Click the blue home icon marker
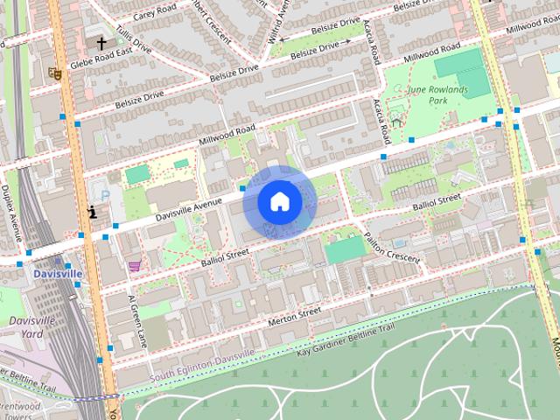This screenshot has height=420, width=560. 278,202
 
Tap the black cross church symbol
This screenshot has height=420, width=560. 101,42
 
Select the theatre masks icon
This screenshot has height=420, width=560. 55,73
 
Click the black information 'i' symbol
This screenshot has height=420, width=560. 93,211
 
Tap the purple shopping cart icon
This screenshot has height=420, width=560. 134,265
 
